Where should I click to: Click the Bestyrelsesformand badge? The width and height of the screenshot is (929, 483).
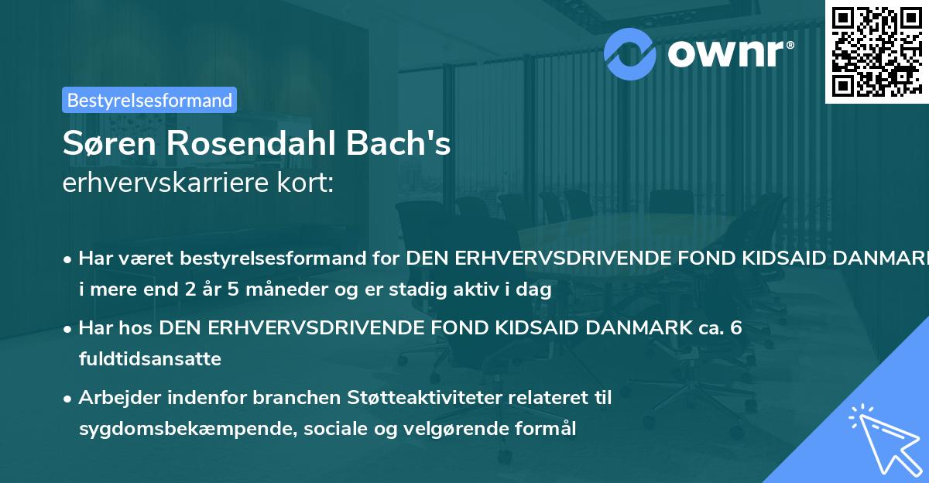149,100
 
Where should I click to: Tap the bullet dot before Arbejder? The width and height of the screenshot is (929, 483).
68,399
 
